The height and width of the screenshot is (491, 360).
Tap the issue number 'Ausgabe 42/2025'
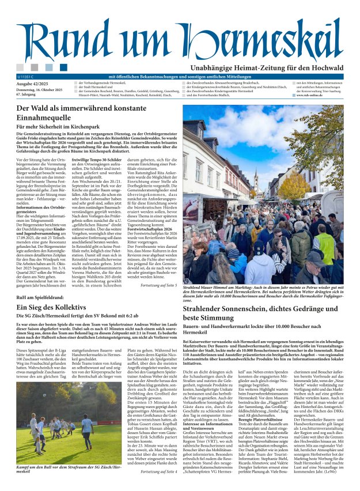click(33, 84)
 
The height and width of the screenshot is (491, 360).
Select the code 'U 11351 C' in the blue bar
click(26, 77)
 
